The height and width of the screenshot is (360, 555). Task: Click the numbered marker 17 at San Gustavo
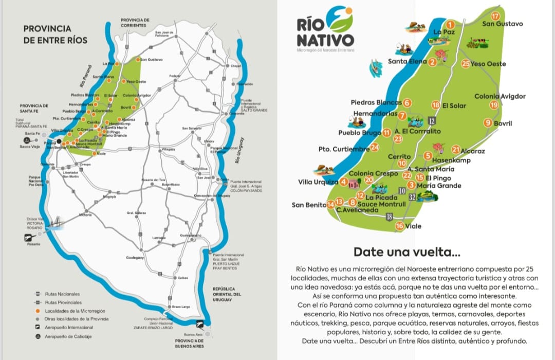(x=495, y=15)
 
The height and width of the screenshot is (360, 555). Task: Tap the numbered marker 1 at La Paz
(x=450, y=24)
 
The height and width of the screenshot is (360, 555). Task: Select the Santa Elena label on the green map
(x=407, y=62)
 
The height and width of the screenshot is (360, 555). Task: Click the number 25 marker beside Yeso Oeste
(x=466, y=64)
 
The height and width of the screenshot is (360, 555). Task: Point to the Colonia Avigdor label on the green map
(x=499, y=96)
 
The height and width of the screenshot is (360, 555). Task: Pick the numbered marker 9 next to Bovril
(x=488, y=122)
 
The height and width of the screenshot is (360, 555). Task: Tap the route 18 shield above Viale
(x=389, y=217)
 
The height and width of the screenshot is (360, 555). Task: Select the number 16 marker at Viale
(x=399, y=226)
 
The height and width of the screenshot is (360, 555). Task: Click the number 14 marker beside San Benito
(x=331, y=205)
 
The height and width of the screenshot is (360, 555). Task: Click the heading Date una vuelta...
(x=406, y=252)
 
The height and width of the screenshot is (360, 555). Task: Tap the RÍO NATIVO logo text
(x=325, y=32)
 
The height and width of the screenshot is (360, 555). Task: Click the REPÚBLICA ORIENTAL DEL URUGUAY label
(x=227, y=294)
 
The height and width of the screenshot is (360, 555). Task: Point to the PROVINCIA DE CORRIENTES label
(x=135, y=23)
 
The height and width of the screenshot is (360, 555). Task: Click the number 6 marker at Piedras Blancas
(x=407, y=102)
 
